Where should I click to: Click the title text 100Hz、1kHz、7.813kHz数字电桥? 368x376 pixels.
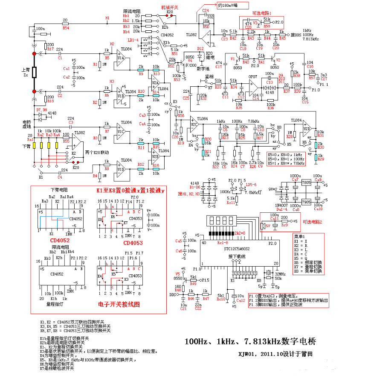(250, 341)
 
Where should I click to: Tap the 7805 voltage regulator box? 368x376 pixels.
(306, 183)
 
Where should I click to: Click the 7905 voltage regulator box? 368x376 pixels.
(306, 202)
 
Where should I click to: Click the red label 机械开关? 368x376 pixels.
(169, 8)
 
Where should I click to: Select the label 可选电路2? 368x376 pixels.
(312, 222)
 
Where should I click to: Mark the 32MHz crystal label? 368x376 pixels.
(279, 273)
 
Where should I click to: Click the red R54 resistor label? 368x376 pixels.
(65, 28)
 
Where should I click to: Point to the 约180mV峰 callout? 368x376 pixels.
(233, 6)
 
